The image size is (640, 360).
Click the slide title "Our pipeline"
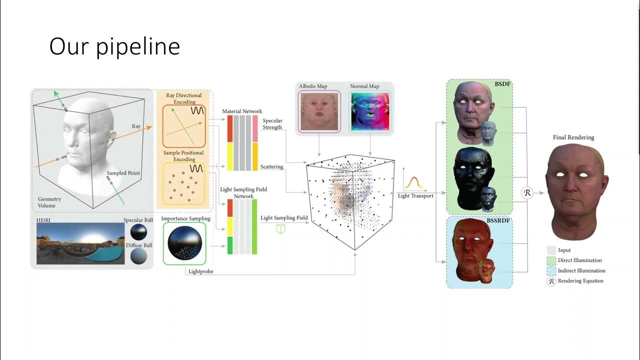(114, 46)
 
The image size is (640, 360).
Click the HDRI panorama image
(80, 243)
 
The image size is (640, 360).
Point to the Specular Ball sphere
(138, 231)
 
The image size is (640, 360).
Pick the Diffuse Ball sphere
(138, 256)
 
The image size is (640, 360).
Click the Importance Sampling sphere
(184, 243)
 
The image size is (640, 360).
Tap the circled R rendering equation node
(527, 192)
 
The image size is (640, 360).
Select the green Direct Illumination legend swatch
(551, 260)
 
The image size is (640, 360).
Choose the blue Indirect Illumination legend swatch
(551, 270)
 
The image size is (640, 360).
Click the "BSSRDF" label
(498, 220)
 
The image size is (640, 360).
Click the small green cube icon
(280, 228)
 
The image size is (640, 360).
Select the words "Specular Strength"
(272, 124)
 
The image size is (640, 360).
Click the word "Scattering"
(272, 166)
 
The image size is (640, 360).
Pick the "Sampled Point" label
(123, 173)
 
